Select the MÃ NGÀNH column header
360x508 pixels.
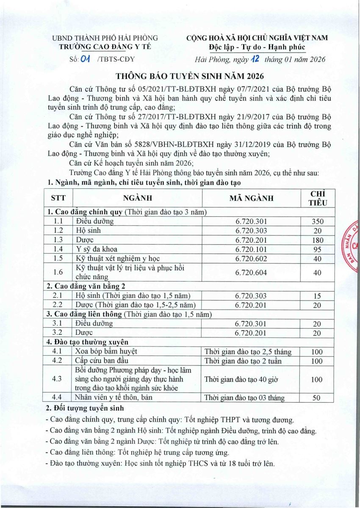point(251,198)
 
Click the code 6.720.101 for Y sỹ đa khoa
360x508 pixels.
point(251,249)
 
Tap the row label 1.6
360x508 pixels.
point(58,272)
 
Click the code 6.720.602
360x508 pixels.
point(251,258)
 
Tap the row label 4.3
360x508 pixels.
point(58,379)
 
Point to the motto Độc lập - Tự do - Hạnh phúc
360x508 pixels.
point(257,47)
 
